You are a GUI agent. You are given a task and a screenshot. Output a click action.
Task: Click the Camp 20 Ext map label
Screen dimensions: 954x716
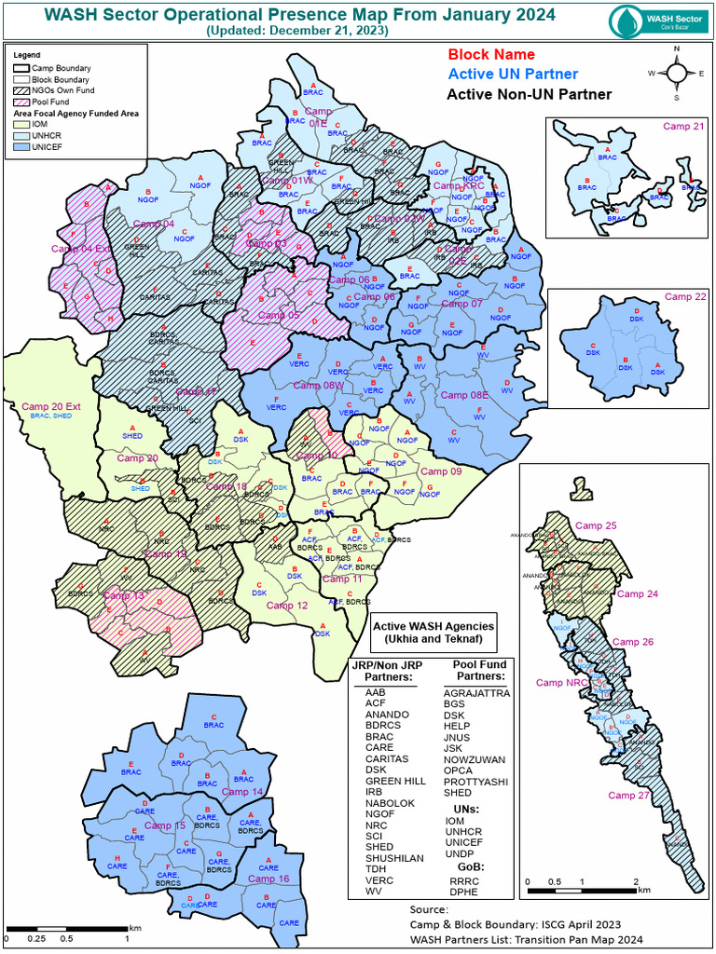pyautogui.click(x=52, y=406)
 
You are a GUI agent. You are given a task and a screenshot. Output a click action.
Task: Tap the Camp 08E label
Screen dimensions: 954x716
pyautogui.click(x=464, y=395)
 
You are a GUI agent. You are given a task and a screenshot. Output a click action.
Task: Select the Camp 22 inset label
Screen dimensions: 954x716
pyautogui.click(x=685, y=297)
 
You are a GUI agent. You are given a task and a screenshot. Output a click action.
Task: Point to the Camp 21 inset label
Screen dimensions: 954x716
pyautogui.click(x=683, y=127)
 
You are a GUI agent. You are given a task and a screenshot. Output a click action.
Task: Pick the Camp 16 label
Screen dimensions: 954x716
pyautogui.click(x=268, y=879)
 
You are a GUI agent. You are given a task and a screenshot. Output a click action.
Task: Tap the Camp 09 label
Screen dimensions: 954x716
pyautogui.click(x=441, y=471)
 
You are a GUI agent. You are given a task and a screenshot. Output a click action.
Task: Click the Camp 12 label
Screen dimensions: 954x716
pyautogui.click(x=287, y=606)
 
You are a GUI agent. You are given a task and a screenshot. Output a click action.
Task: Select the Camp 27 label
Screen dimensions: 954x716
pyautogui.click(x=627, y=795)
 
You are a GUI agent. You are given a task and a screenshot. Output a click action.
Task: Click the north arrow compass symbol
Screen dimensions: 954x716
pyautogui.click(x=675, y=72)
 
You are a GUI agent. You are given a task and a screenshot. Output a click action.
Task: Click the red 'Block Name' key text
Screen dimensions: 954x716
pyautogui.click(x=491, y=55)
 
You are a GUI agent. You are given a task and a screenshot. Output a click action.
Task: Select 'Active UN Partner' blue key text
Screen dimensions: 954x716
pyautogui.click(x=512, y=75)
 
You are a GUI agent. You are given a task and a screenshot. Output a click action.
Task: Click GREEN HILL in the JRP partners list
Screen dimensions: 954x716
pyautogui.click(x=395, y=781)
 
